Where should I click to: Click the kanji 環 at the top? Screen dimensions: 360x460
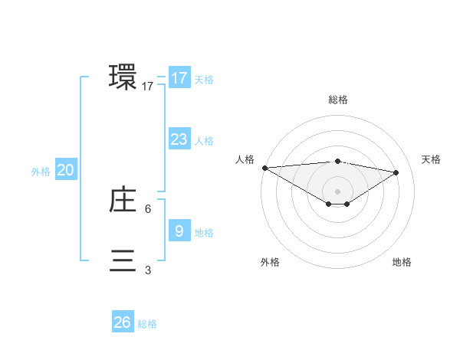(123, 77)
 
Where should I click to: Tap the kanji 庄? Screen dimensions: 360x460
(123, 200)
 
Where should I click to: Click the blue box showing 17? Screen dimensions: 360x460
(179, 78)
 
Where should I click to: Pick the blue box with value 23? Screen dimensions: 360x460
(179, 139)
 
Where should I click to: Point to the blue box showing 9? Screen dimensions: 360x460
(179, 231)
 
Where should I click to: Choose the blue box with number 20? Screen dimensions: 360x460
(65, 170)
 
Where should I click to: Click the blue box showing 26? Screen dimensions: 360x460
(122, 322)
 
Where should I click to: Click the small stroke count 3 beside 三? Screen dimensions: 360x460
(148, 270)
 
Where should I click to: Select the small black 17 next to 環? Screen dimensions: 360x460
(148, 87)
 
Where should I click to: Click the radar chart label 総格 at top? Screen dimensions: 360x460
(337, 100)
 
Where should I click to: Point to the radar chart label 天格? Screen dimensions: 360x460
(431, 159)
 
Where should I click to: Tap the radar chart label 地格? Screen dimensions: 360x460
(402, 262)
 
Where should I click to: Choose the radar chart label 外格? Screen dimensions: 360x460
(270, 262)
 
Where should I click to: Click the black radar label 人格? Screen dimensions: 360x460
(245, 159)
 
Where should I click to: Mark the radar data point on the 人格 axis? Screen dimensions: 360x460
(264, 168)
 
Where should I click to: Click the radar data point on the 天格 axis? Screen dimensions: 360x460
(396, 172)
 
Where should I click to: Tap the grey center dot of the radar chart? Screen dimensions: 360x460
(337, 191)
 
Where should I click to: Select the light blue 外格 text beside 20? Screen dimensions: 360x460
(41, 172)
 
